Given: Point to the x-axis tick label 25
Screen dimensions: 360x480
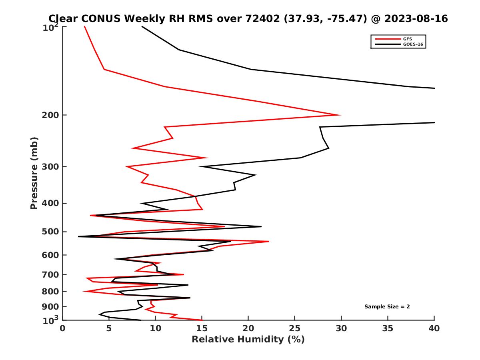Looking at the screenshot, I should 295,328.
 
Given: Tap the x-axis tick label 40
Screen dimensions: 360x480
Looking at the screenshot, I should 434,328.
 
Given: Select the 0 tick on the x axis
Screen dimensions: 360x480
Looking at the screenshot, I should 63,328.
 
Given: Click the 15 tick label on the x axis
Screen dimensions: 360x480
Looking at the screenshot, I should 202,328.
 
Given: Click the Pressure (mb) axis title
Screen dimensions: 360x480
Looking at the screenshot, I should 34,173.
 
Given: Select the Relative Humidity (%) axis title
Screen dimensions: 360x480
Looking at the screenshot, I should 248,340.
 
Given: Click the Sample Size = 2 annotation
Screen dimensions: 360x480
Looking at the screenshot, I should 387,307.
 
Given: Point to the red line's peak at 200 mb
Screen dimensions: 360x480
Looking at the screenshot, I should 340,115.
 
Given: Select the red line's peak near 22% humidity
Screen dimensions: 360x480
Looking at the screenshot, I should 269,242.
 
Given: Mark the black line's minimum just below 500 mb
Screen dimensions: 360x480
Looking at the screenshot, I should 78,236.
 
